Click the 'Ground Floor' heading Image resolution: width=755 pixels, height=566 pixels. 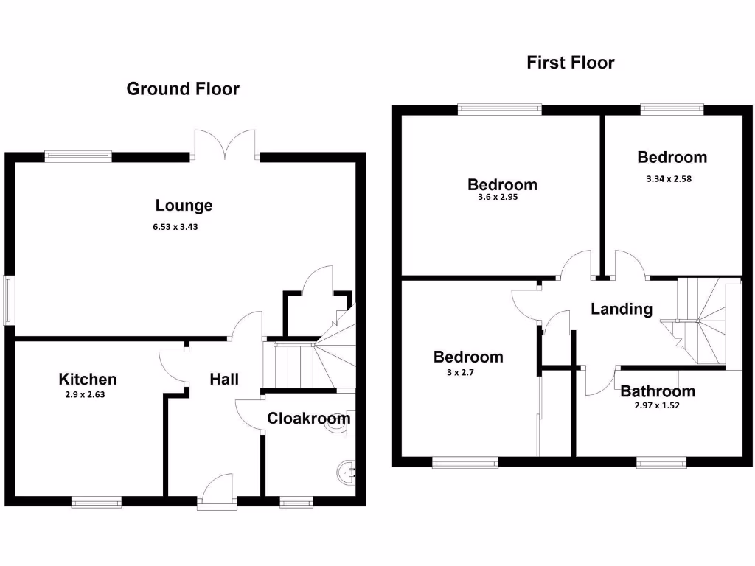(183, 89)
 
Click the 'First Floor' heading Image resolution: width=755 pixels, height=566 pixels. (570, 63)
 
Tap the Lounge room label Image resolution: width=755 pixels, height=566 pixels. (184, 206)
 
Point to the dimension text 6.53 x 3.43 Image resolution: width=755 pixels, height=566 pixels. (175, 227)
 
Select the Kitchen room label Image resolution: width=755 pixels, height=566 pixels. (88, 380)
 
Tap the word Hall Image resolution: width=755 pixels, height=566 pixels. (224, 379)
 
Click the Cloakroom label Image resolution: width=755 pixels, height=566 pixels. (308, 419)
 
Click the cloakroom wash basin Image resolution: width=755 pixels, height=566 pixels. (347, 469)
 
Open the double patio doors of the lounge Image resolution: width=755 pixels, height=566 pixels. (226, 144)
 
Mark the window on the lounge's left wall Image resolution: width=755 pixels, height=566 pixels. (9, 299)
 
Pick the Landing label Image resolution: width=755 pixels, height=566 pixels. (622, 310)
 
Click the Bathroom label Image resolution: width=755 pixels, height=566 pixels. (658, 391)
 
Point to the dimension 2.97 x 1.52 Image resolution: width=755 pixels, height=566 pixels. (656, 405)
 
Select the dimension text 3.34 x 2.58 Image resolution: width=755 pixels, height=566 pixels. (672, 178)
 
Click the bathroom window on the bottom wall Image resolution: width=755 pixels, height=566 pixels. (661, 462)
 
